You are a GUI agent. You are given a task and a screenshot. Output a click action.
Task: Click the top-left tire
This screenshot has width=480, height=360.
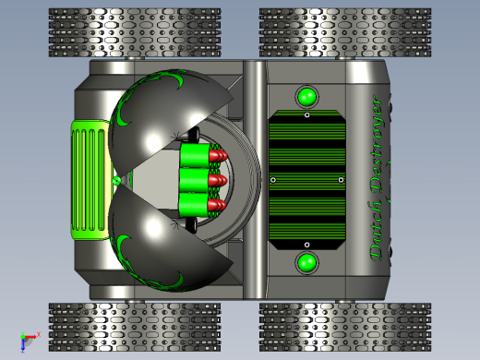click(x=135, y=32)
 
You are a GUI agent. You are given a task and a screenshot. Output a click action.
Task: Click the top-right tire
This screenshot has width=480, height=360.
click(x=345, y=32)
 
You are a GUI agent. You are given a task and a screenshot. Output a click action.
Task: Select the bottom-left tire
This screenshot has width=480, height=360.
click(x=135, y=327)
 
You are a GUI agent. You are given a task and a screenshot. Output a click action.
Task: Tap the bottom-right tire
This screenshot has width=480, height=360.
click(x=345, y=327)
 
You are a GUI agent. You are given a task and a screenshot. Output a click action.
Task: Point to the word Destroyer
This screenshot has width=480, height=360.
click(x=377, y=145)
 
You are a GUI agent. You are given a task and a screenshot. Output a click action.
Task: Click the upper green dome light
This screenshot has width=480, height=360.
click(x=306, y=97)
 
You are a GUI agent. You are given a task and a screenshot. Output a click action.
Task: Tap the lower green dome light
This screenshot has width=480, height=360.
click(x=306, y=263)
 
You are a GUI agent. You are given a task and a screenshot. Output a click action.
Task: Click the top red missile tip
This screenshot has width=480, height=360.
click(x=218, y=155)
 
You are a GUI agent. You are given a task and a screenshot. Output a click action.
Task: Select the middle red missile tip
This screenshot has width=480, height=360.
click(x=218, y=180)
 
